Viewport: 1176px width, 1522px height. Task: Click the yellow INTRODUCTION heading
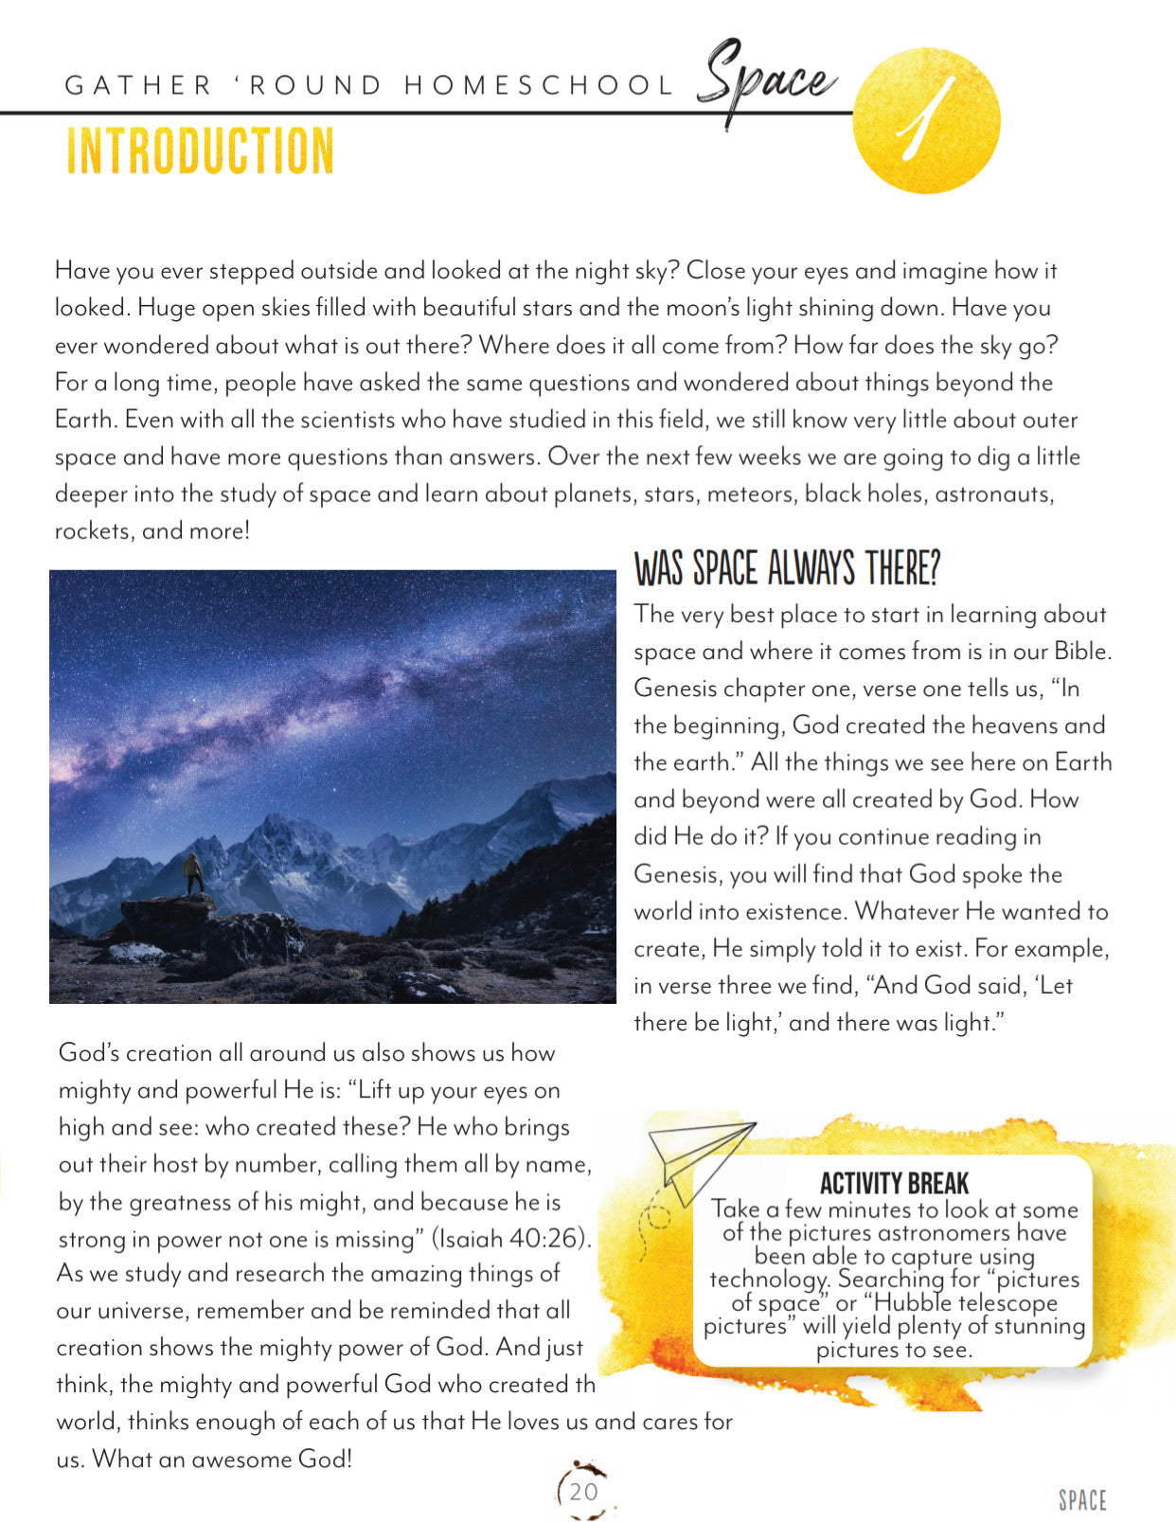pyautogui.click(x=200, y=152)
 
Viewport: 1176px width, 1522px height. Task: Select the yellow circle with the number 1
pyautogui.click(x=925, y=120)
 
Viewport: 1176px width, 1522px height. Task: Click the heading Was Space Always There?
pyautogui.click(x=786, y=568)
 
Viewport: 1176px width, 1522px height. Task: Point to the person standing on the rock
pyautogui.click(x=193, y=872)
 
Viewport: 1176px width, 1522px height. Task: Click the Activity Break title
pyautogui.click(x=894, y=1184)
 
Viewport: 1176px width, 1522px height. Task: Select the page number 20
pyautogui.click(x=584, y=1492)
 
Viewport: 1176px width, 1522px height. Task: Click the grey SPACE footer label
pyautogui.click(x=1082, y=1500)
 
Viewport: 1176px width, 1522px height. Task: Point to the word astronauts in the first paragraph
pyautogui.click(x=993, y=493)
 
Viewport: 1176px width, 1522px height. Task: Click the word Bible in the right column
pyautogui.click(x=1082, y=652)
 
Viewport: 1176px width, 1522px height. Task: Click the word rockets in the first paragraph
pyautogui.click(x=93, y=531)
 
